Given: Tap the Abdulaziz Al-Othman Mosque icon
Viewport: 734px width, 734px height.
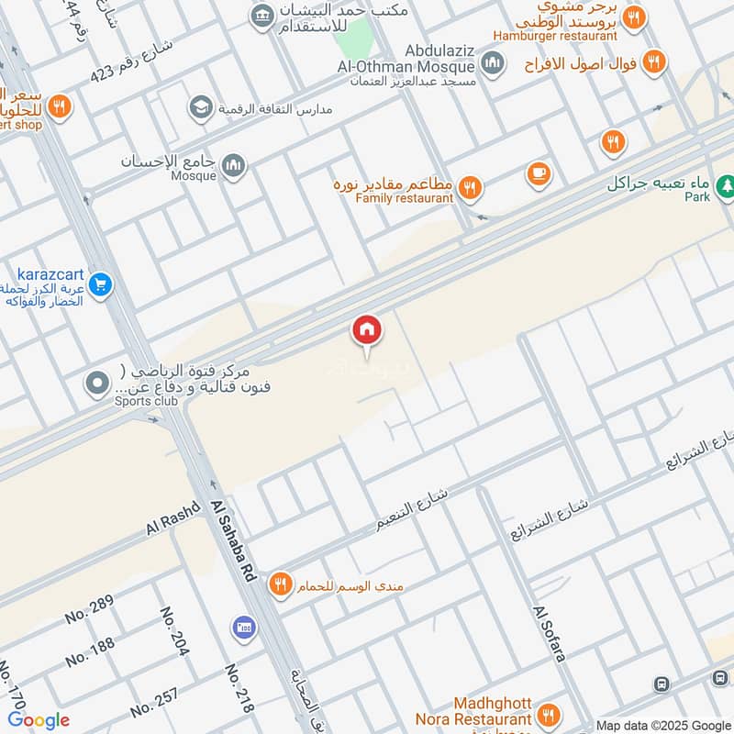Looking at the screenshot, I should [493, 63].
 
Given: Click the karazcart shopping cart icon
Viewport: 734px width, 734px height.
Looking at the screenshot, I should [101, 286].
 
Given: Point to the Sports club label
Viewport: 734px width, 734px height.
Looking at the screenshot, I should [135, 401].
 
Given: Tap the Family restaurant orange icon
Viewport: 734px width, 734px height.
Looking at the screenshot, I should [470, 187].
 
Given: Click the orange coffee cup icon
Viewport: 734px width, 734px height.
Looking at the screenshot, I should [539, 172].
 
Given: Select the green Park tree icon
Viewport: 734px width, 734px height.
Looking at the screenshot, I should [726, 184].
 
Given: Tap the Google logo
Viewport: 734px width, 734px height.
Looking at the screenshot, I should [39, 720].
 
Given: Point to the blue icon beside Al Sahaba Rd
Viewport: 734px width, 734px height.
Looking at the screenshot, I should [243, 628].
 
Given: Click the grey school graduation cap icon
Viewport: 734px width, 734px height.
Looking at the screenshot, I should [199, 108].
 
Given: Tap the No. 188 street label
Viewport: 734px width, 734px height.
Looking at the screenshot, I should [90, 651].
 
